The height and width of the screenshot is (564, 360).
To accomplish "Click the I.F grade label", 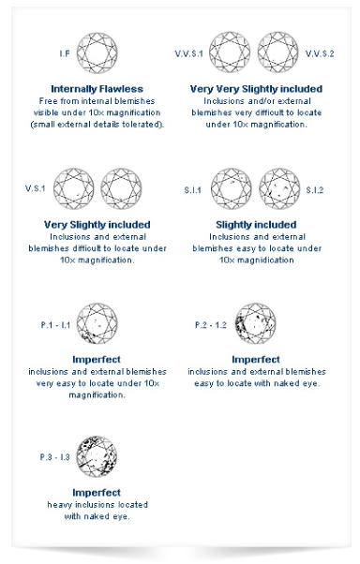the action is [x=65, y=53].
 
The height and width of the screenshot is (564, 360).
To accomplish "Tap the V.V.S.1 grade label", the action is [x=189, y=53].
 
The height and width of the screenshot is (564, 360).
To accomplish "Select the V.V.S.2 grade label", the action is [x=320, y=53].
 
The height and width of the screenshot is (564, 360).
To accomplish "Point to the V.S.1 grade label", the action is [x=36, y=188].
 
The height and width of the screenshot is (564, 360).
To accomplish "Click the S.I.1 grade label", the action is [x=192, y=190].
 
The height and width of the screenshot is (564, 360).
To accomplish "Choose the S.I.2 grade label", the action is [x=315, y=190].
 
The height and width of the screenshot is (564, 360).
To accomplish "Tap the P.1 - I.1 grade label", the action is [x=55, y=325].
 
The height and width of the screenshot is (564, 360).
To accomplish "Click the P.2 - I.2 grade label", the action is [x=211, y=325].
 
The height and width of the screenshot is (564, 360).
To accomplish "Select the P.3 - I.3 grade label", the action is [x=54, y=457].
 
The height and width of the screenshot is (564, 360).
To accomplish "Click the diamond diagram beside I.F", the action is [x=97, y=52].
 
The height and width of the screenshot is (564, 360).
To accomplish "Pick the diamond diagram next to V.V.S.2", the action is [x=277, y=52].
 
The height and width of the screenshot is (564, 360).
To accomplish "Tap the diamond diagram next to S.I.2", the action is [x=279, y=189].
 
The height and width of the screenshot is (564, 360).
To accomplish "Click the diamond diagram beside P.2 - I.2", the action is [x=256, y=323].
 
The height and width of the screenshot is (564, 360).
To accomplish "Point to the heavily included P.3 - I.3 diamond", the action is [x=97, y=457].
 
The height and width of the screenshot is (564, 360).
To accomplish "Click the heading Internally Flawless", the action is [x=97, y=89].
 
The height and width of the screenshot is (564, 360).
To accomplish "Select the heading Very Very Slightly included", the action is [x=256, y=89].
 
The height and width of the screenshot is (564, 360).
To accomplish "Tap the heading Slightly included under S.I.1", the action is [x=256, y=225].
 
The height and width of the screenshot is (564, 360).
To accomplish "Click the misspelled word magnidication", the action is [x=265, y=260].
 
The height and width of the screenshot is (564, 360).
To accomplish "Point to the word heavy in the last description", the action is [x=60, y=505].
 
